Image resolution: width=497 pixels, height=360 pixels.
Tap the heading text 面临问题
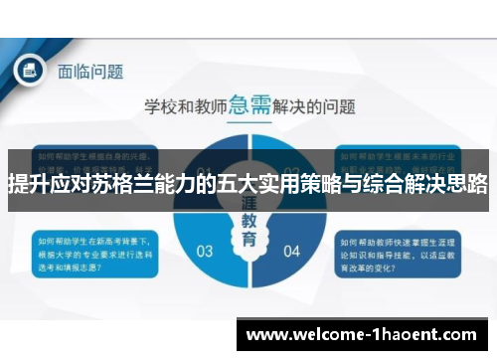[x=90, y=71]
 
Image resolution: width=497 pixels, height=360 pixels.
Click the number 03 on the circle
[x=205, y=251]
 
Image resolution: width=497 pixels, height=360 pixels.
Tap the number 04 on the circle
[x=291, y=251]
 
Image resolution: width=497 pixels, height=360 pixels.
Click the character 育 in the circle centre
[x=248, y=241]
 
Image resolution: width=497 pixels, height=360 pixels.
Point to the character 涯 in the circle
[x=248, y=204]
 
